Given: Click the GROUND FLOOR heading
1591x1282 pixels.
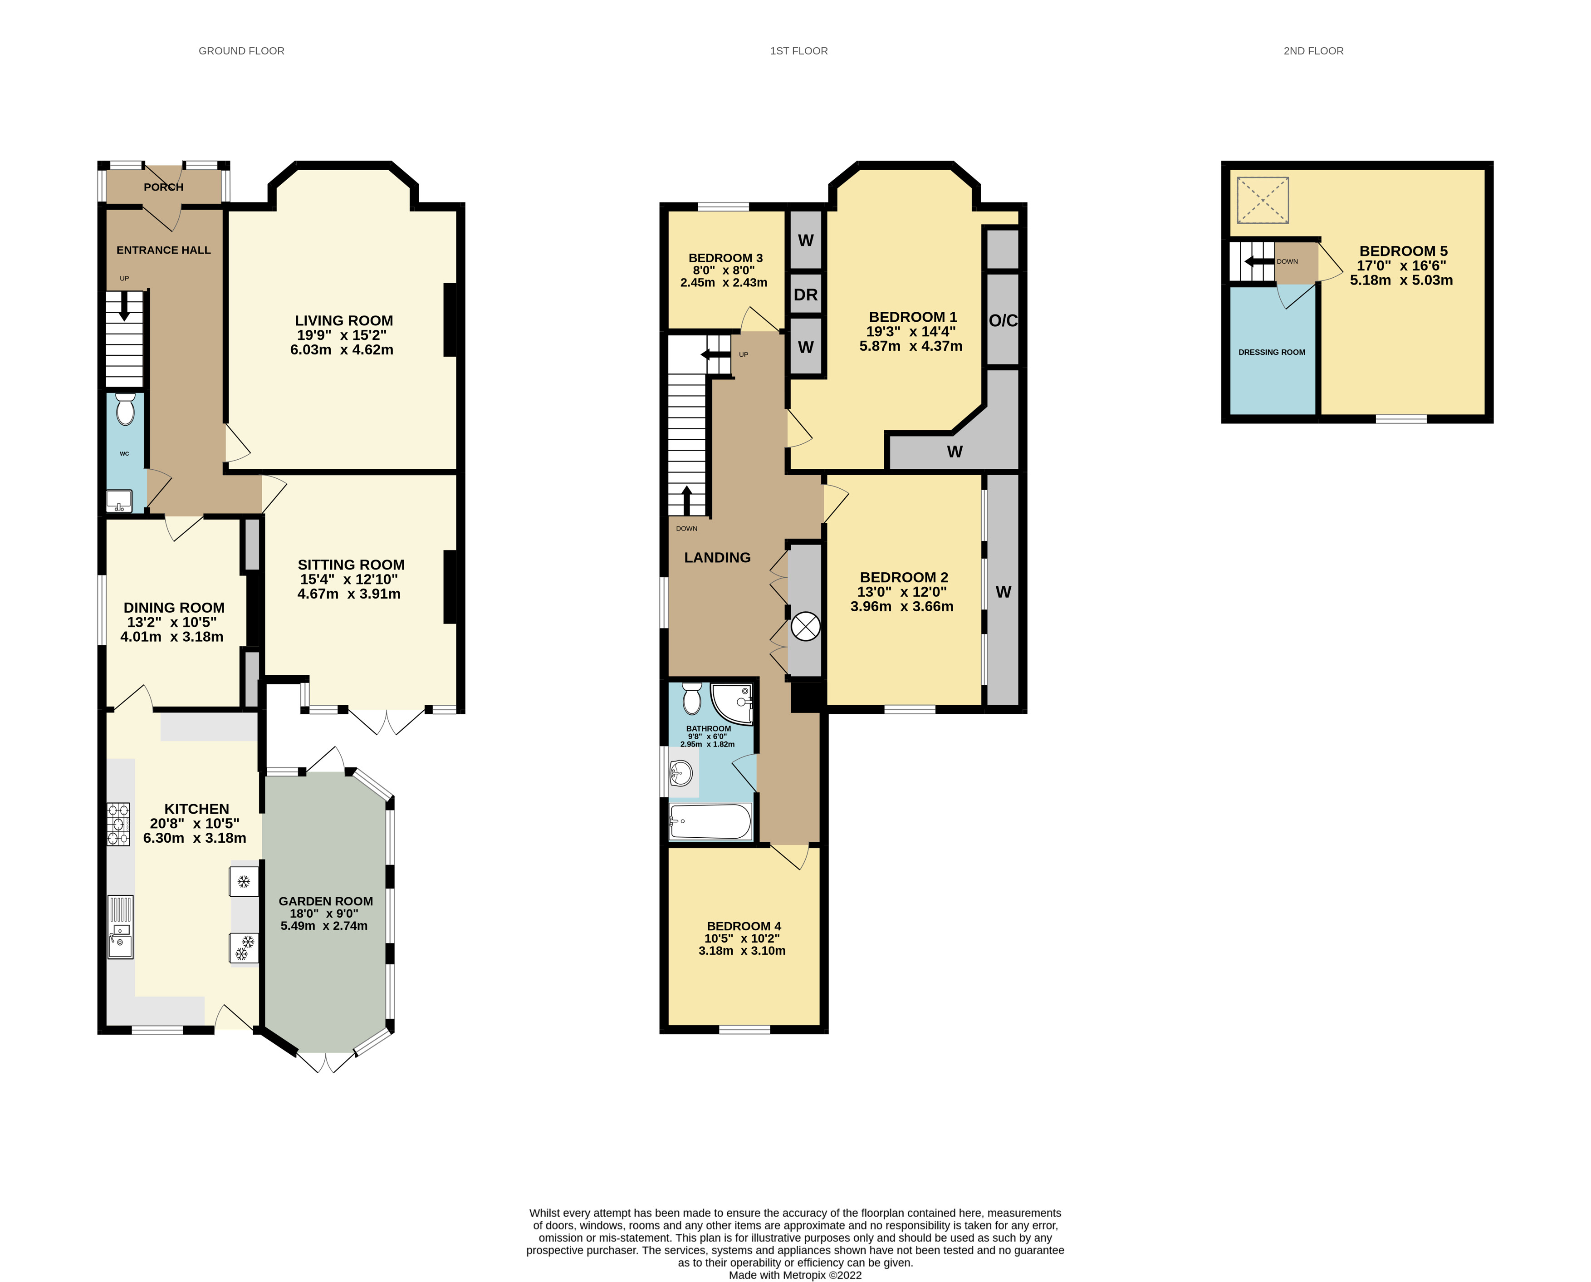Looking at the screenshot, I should point(241,51).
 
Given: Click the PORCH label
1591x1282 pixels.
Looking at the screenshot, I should point(163,187).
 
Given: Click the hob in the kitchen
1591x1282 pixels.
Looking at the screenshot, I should point(118,823).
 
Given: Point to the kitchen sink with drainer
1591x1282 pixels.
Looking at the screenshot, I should point(120,927).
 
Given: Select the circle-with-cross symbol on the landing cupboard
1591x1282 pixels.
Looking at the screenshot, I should point(805,627).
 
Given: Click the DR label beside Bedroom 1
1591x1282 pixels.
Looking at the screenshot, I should point(805,295).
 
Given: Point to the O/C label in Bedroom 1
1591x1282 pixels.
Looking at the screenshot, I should point(1003,320).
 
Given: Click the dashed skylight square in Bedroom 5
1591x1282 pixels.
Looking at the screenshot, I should point(1263,200).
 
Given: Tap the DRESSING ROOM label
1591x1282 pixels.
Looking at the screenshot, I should point(1271,352).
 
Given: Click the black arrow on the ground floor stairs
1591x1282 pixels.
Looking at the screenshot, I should point(124,306).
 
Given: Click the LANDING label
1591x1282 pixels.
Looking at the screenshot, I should point(717,558).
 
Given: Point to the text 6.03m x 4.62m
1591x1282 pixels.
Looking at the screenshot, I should point(341,350).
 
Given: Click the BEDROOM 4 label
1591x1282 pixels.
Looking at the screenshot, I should point(744,926).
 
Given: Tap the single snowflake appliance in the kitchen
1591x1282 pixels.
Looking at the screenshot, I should point(244,881).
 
